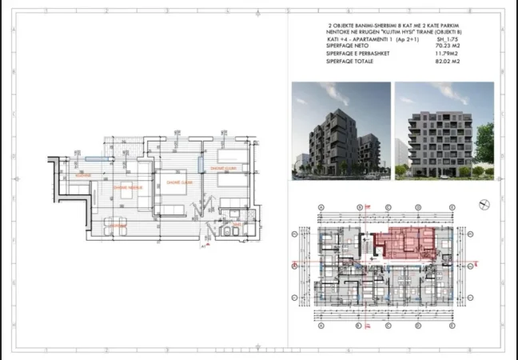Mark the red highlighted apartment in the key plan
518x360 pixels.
(x=406, y=240)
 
